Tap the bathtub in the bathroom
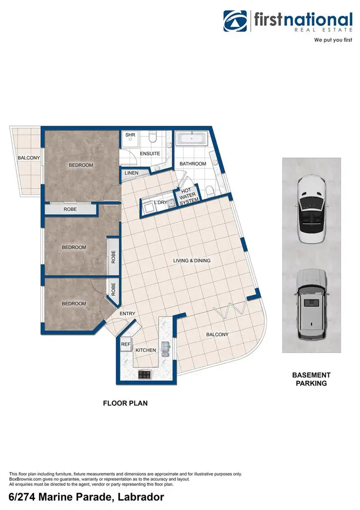pyautogui.click(x=192, y=139)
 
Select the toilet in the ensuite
pyautogui.click(x=153, y=138)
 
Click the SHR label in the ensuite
pyautogui.click(x=130, y=135)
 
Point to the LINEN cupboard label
pyautogui.click(x=131, y=173)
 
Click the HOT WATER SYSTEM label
pyautogui.click(x=187, y=196)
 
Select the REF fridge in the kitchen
pyautogui.click(x=125, y=344)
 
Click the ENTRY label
pyautogui.click(x=128, y=314)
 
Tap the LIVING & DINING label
pyautogui.click(x=192, y=261)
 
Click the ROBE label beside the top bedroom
pyautogui.click(x=70, y=209)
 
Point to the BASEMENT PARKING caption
pyautogui.click(x=312, y=379)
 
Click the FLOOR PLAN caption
pyautogui.click(x=125, y=403)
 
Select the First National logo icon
pyautogui.click(x=235, y=21)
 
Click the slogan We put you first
pyautogui.click(x=333, y=40)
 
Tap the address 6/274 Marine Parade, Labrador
pyautogui.click(x=87, y=497)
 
